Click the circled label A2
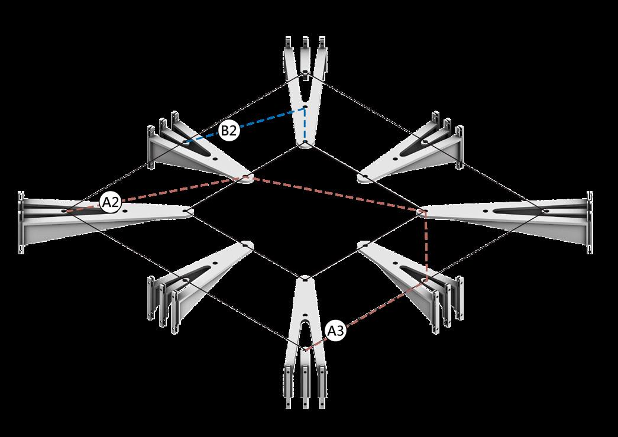coord(111,203)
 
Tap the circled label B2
coord(229,131)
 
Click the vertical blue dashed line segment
coord(305,125)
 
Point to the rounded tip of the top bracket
coord(305,145)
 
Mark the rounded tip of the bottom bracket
coord(305,279)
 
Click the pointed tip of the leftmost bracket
coord(188,212)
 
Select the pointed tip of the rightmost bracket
coord(421,211)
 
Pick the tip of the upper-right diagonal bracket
coord(363,177)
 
